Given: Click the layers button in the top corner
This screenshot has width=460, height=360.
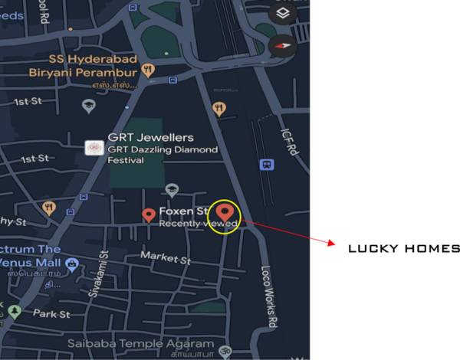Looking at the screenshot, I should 283,12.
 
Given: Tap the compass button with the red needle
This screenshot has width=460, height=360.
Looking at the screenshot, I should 283,44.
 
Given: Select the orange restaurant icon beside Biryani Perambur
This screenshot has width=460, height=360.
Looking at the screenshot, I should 149,70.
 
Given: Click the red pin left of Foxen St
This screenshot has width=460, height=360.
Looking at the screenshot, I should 149,214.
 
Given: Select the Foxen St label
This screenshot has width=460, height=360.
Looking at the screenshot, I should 184,211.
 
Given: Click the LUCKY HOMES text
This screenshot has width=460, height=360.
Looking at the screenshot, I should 404,249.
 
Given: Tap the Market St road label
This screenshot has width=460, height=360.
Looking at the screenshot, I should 166,259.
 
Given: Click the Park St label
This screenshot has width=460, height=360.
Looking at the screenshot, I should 51,314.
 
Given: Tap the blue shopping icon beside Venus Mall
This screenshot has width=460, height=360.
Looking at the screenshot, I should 71,265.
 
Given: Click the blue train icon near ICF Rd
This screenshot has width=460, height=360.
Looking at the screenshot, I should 267,164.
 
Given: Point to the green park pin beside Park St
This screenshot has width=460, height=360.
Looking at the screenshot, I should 15,312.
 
